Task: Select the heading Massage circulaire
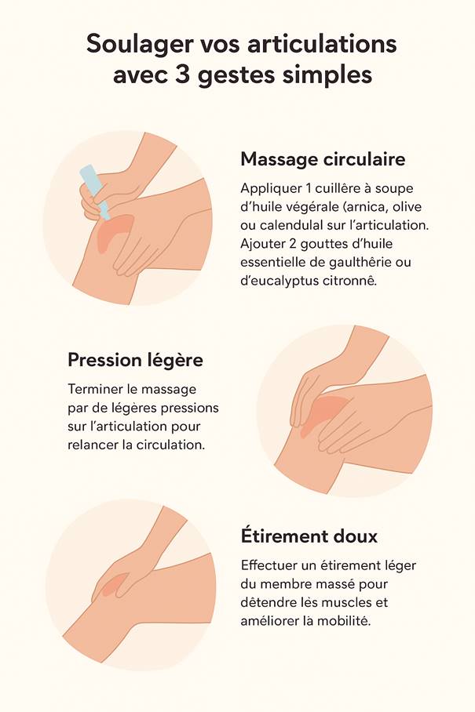[x=323, y=159]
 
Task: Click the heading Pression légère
[x=136, y=361]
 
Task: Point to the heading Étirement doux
[x=309, y=536]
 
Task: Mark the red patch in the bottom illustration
[x=111, y=583]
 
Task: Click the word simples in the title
[x=327, y=75]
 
